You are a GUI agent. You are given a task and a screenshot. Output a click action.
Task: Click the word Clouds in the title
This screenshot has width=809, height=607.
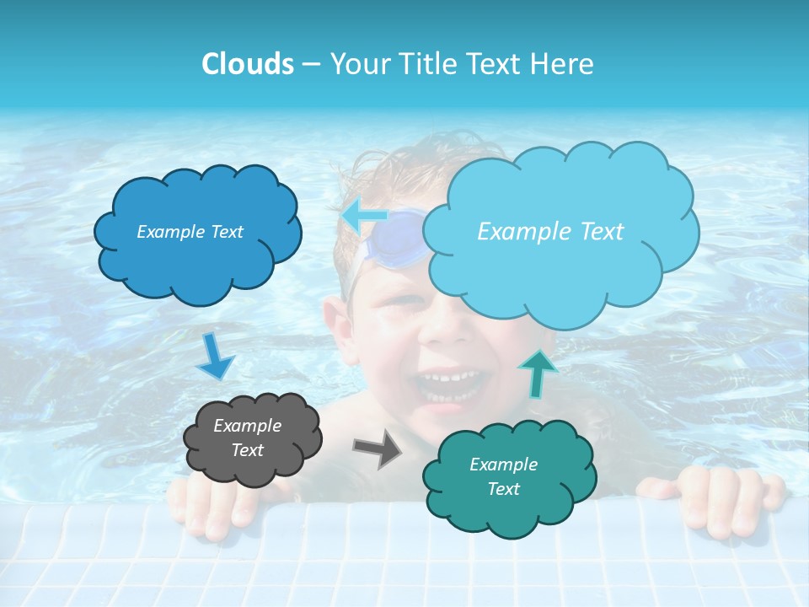(247, 64)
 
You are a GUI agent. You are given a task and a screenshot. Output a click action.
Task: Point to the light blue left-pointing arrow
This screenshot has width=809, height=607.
(364, 215)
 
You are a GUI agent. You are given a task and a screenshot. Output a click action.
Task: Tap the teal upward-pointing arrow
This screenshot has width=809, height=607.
(537, 372)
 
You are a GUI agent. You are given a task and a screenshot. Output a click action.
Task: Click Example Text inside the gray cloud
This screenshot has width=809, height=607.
(248, 438)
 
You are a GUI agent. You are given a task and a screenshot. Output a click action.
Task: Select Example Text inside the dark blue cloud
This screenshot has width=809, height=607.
(190, 232)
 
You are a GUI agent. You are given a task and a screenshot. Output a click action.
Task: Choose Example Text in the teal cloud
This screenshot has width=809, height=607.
(503, 476)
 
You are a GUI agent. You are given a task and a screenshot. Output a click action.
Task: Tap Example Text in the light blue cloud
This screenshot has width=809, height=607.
(550, 232)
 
